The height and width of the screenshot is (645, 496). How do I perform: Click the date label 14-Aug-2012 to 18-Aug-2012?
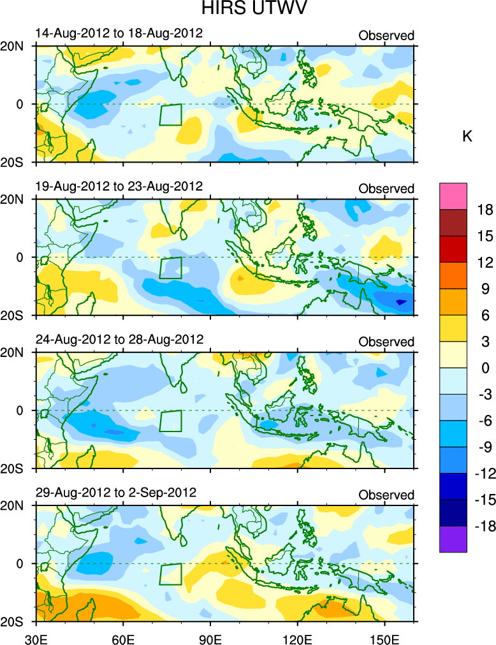tap(119, 33)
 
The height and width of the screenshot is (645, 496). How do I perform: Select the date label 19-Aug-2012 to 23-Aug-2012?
tap(119, 186)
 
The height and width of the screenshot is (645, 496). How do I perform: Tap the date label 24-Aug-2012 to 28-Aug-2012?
tap(119, 339)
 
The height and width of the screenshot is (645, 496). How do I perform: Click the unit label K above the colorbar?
tap(467, 136)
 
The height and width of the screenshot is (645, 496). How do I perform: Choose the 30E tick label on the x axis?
tap(34, 635)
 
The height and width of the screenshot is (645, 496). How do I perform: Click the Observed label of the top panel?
tap(386, 36)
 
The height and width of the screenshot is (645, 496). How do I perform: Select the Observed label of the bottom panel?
tap(386, 495)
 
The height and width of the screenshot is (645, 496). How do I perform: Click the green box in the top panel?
tap(170, 115)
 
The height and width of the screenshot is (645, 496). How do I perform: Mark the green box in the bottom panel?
tap(170, 574)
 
